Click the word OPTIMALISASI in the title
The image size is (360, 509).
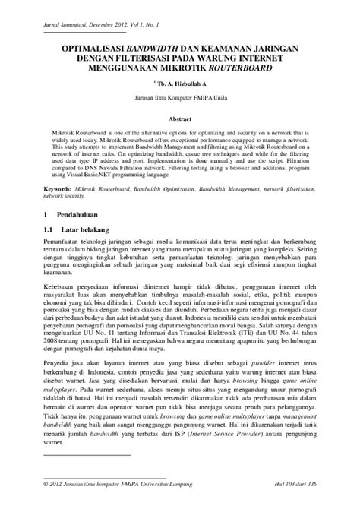(90, 47)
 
